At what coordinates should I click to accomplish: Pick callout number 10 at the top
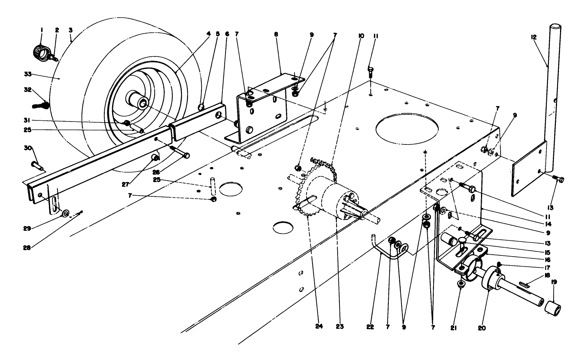click(x=361, y=36)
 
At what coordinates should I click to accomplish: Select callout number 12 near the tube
click(x=534, y=37)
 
